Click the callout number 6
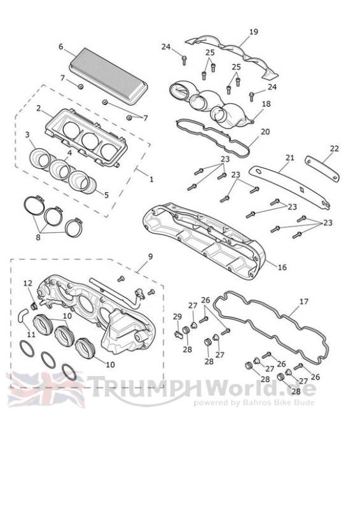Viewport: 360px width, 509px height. coord(60,46)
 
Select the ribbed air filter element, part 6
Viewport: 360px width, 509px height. coord(108,76)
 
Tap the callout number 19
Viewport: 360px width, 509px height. coord(254,32)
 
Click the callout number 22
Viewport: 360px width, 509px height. coord(334,149)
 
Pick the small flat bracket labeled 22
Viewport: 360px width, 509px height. coord(322,168)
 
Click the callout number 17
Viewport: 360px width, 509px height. coord(303,302)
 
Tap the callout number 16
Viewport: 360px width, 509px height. coord(282,267)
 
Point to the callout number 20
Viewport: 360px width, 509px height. coord(265,132)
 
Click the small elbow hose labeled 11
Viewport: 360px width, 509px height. coord(22,316)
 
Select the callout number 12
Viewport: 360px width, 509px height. coord(28,283)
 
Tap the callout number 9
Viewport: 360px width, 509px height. coord(150,256)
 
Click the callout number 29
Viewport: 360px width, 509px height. coord(177,316)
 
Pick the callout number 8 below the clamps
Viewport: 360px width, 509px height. coord(38,237)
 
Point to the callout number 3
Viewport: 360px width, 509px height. coord(27,134)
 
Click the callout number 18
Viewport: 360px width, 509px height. coord(267,104)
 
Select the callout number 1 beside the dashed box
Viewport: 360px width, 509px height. coord(151,179)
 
